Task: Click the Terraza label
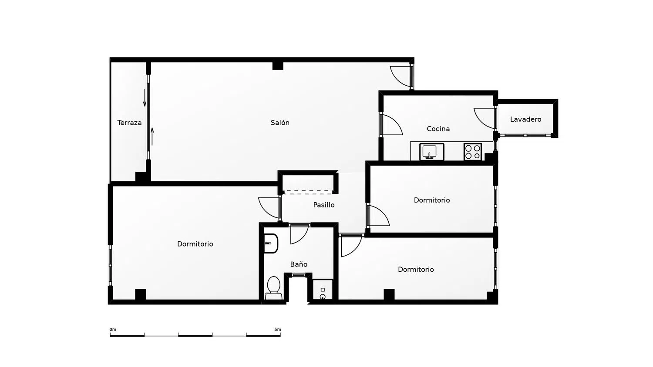pos(129,123)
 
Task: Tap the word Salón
pos(280,123)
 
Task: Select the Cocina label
pos(438,129)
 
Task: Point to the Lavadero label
pos(525,119)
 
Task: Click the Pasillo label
pos(324,205)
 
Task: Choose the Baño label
pos(299,264)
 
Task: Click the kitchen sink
pos(432,151)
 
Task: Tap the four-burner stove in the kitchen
pos(472,152)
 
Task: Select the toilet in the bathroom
pos(273,288)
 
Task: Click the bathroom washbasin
pos(271,243)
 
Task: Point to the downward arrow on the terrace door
pos(145,97)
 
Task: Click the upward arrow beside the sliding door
pos(152,136)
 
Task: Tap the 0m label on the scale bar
pos(113,330)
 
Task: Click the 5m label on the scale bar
pos(278,330)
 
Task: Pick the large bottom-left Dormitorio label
pos(195,244)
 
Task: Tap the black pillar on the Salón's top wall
pos(278,66)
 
